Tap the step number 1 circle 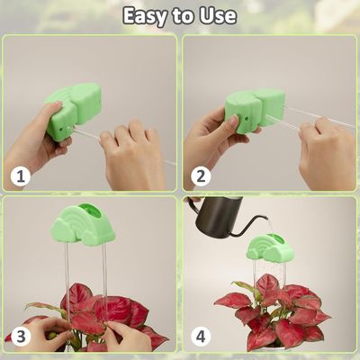tap(21, 176)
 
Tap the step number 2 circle tap(201, 176)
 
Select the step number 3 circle tap(21, 337)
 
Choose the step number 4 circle tap(201, 337)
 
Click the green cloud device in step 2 tap(255, 111)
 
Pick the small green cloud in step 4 tap(269, 247)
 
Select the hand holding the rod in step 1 tap(133, 155)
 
